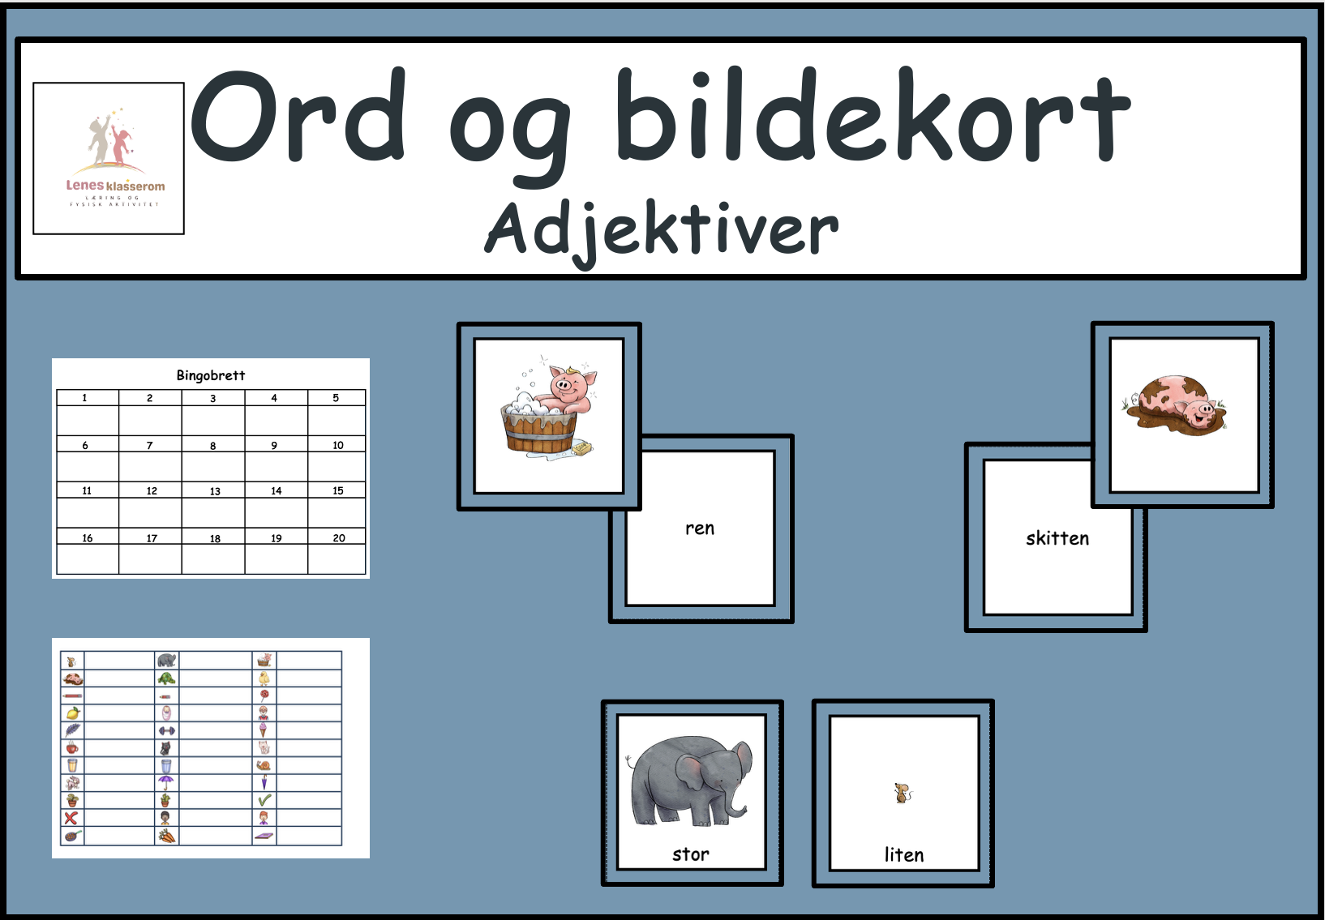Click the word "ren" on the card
(700, 528)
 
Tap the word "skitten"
(1057, 538)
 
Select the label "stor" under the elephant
(690, 854)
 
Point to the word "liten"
(903, 854)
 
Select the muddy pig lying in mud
(1177, 403)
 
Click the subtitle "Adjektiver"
(661, 230)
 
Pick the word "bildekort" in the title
(872, 118)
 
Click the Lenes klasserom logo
(109, 158)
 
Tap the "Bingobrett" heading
(210, 375)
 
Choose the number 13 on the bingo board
(215, 491)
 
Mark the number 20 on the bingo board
(339, 538)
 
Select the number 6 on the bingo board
(85, 445)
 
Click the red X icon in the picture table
(72, 818)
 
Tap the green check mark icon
(264, 800)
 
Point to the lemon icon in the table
(72, 713)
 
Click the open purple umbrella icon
(166, 782)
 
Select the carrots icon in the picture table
(166, 836)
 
